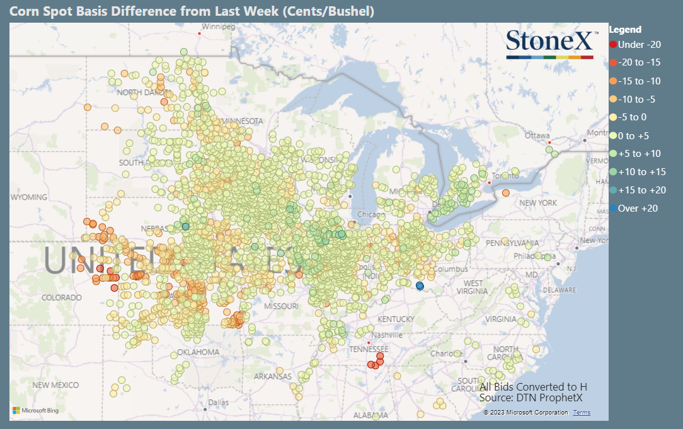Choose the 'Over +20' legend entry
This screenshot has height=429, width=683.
633,209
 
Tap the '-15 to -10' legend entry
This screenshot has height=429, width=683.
635,81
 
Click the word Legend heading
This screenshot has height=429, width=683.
625,30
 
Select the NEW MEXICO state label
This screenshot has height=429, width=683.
56,385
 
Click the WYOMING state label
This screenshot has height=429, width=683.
29,197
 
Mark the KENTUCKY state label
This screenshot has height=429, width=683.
396,319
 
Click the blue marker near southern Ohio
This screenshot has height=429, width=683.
420,286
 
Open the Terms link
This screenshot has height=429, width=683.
582,413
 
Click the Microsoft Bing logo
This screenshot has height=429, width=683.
35,411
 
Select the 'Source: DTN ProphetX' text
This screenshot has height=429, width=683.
531,398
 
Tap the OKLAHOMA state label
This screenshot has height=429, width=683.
198,352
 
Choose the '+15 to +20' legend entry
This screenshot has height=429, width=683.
635,190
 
